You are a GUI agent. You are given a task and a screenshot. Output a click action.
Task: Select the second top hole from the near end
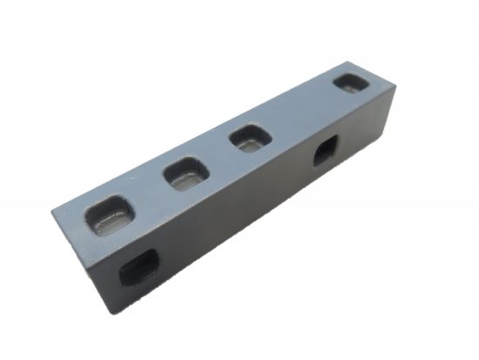pos(185,173)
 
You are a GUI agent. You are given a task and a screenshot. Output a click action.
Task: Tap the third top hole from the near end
pos(251,139)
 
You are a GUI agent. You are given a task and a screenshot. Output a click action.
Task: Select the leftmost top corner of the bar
pos(52,207)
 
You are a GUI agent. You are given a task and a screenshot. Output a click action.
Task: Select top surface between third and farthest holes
pos(300,112)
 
